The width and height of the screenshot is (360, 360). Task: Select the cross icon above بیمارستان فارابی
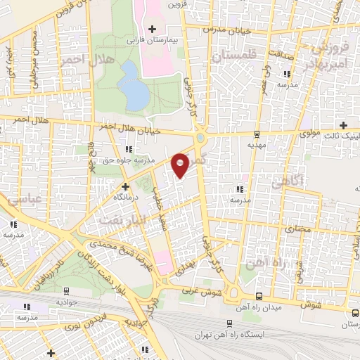pyautogui.click(x=152, y=28)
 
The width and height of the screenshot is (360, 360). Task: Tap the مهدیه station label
pyautogui.click(x=257, y=145)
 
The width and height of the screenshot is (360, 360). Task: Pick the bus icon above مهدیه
pyautogui.click(x=257, y=133)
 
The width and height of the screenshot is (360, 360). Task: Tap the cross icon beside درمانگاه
pyautogui.click(x=125, y=186)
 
